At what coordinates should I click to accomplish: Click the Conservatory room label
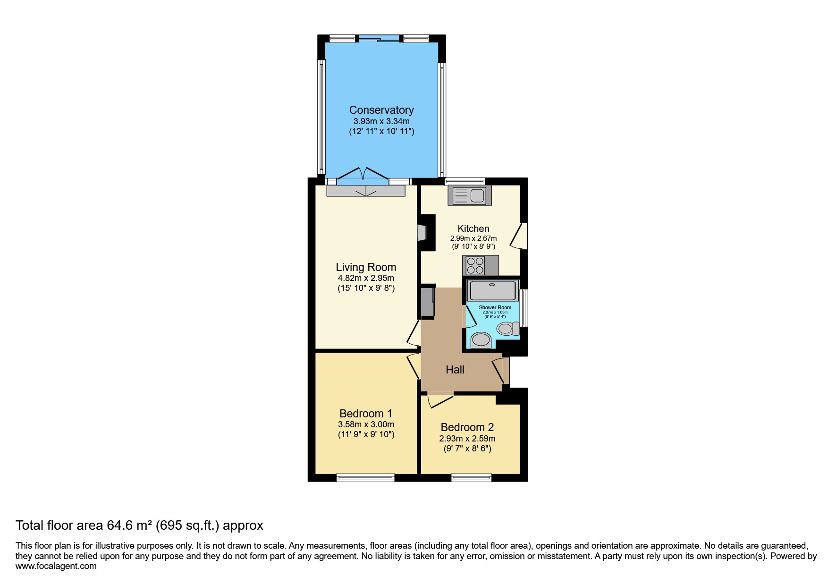pos(381,110)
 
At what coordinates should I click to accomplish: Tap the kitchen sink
pos(470,195)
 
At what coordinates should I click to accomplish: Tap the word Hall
pos(455,370)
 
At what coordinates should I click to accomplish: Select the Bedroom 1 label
pos(366,414)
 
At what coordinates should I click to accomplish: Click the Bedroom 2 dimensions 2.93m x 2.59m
pos(467,439)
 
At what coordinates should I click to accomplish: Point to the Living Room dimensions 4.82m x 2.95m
pos(366,278)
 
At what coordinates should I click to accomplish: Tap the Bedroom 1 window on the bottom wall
pos(365,478)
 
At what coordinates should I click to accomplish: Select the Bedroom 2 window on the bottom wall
pos(471,478)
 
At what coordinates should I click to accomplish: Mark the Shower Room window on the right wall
pos(524,308)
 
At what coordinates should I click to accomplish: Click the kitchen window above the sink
pos(464,181)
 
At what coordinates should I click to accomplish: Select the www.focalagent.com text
pos(56,566)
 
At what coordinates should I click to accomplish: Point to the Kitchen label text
pos(473,229)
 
